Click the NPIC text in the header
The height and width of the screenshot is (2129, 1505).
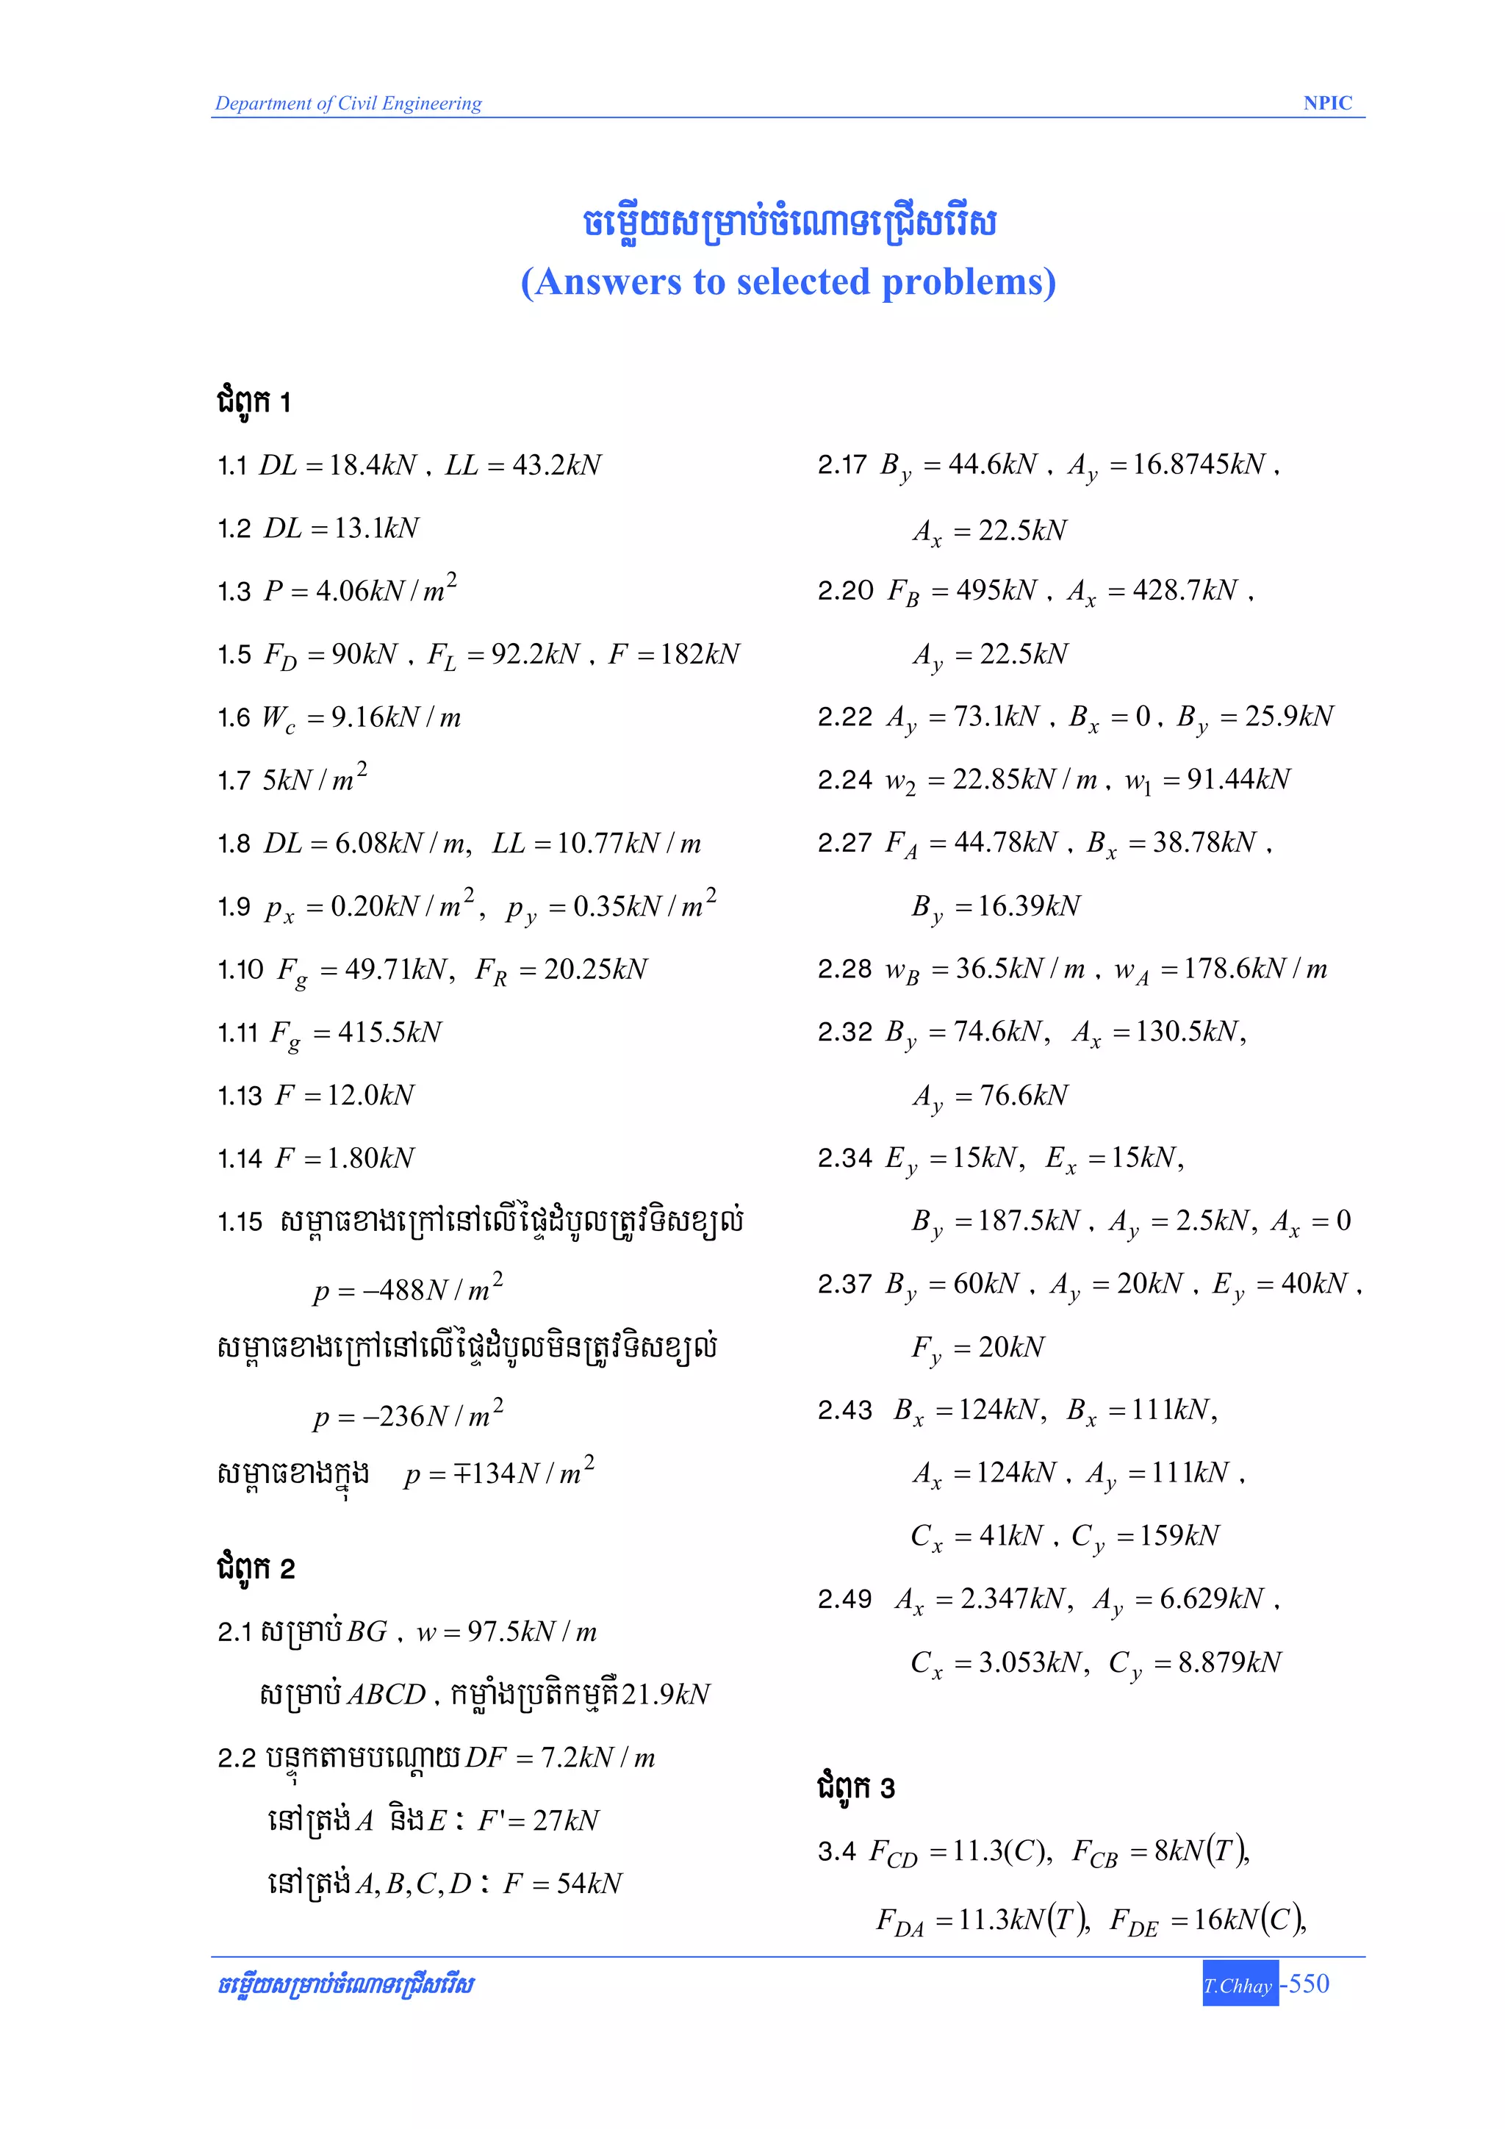pos(1327,103)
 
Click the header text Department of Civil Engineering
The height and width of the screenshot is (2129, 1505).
pos(348,103)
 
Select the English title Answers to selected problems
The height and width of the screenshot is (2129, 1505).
pos(789,282)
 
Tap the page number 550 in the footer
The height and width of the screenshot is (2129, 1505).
pos(1308,1983)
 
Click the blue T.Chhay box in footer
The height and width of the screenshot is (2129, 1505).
pos(1240,1984)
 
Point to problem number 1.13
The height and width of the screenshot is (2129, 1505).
pos(240,1096)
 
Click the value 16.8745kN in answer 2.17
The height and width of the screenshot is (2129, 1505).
pos(1199,464)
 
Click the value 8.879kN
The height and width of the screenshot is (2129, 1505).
pos(1229,1662)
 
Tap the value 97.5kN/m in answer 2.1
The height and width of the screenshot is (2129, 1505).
pos(532,1632)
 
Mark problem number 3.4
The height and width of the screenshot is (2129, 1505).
pos(836,1852)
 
